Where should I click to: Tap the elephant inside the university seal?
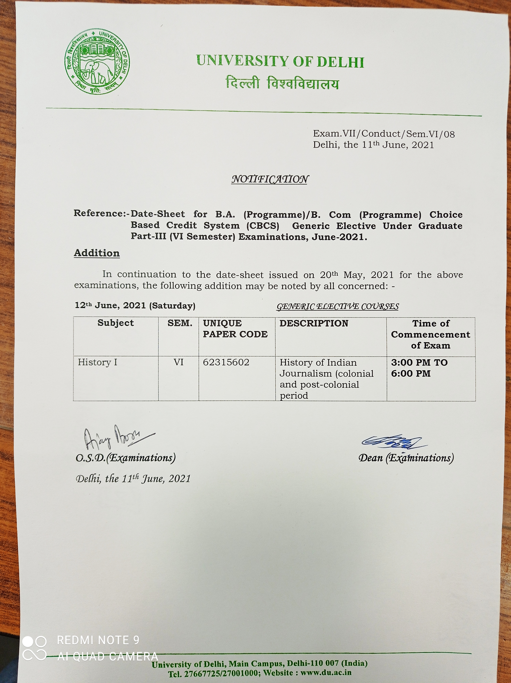pyautogui.click(x=96, y=71)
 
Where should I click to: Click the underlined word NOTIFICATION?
pyautogui.click(x=270, y=179)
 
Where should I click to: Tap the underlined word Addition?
pyautogui.click(x=97, y=253)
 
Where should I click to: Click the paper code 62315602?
pyautogui.click(x=226, y=362)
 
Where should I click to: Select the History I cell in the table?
pyautogui.click(x=98, y=362)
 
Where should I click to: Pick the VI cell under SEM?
pyautogui.click(x=178, y=362)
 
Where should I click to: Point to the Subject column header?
pyautogui.click(x=116, y=323)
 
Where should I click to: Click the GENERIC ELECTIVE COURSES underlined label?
pyautogui.click(x=337, y=307)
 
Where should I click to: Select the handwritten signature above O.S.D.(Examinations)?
pyautogui.click(x=117, y=438)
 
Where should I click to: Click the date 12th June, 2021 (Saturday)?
pyautogui.click(x=135, y=306)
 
